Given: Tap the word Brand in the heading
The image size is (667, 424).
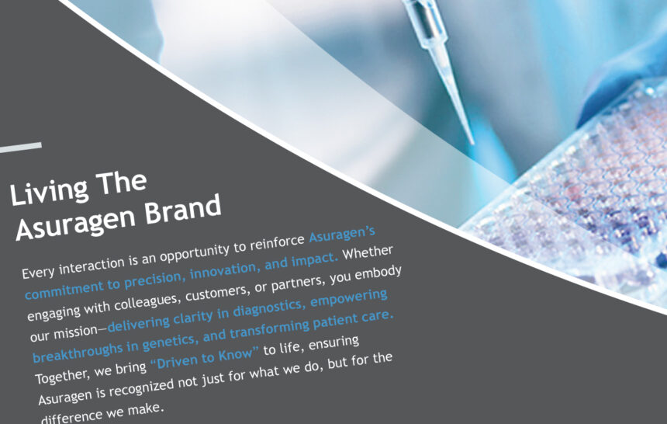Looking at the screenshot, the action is click(x=183, y=210).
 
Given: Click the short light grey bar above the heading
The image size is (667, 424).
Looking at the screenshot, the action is click(x=20, y=148).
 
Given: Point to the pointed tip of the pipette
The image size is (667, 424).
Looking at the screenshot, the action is click(x=472, y=142).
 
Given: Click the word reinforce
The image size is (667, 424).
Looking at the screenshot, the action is click(x=277, y=242).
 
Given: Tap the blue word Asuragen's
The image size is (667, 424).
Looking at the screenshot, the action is click(x=342, y=234).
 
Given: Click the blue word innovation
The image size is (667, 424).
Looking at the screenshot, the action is click(x=223, y=269).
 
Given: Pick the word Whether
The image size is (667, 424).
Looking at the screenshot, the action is click(x=368, y=252).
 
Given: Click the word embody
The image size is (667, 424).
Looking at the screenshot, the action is click(x=378, y=273).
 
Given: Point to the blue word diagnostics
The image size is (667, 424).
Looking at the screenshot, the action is click(x=267, y=308).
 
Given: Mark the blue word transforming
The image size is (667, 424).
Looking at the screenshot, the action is click(x=268, y=330).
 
